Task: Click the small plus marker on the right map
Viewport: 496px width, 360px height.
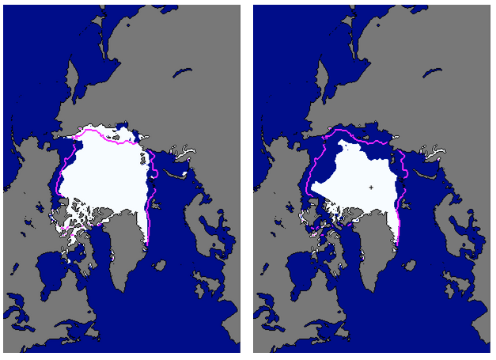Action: (371, 188)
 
